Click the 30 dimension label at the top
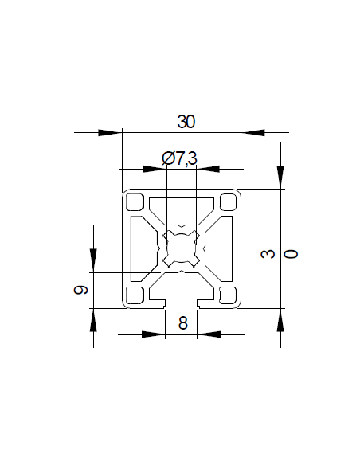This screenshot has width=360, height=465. click(186, 122)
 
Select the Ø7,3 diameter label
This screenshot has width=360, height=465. click(179, 158)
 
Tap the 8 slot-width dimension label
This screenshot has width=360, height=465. click(182, 323)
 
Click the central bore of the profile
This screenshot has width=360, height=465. click(182, 248)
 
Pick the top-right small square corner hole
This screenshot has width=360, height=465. click(229, 201)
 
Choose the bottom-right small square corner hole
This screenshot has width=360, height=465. click(229, 295)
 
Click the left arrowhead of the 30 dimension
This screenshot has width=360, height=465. click(110, 132)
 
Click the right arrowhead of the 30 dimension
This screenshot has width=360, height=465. click(253, 132)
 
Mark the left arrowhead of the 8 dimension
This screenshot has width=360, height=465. click(154, 334)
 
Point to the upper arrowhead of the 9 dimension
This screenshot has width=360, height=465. click(92, 260)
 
